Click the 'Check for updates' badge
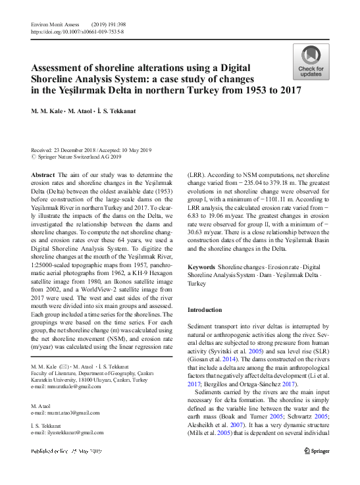coord(311,63)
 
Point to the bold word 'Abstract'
coord(43,175)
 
